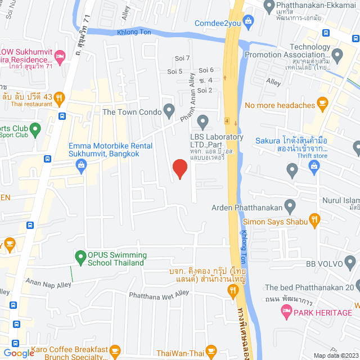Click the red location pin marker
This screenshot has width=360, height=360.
pos(179,168)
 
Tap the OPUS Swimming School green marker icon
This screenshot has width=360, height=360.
pos(80,258)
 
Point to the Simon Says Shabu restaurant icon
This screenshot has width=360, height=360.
pos(315,222)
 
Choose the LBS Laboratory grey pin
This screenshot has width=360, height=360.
pos(204,121)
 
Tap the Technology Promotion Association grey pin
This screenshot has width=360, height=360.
pos(337,56)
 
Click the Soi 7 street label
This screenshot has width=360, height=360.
pos(183,58)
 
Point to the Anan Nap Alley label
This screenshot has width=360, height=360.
pos(48,285)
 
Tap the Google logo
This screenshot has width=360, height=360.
pos(19,353)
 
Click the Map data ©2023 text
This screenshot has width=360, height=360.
pos(335,355)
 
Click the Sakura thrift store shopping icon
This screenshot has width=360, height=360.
pos(314,166)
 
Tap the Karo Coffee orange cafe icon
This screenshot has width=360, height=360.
pos(115,352)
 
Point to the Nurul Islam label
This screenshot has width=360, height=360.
pos(340,200)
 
